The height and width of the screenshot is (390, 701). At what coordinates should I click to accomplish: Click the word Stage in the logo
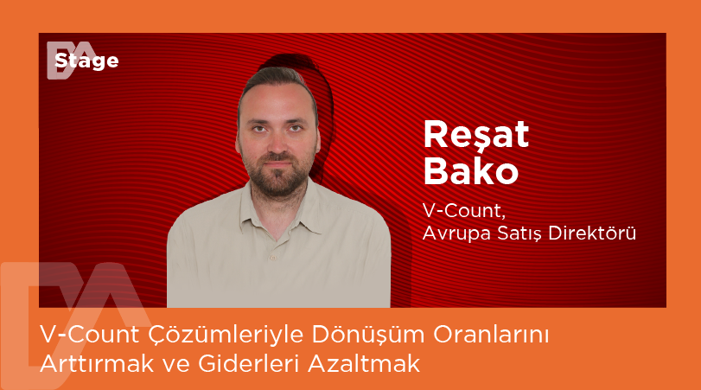tap(86, 61)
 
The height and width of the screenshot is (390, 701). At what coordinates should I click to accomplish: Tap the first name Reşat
tap(475, 137)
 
